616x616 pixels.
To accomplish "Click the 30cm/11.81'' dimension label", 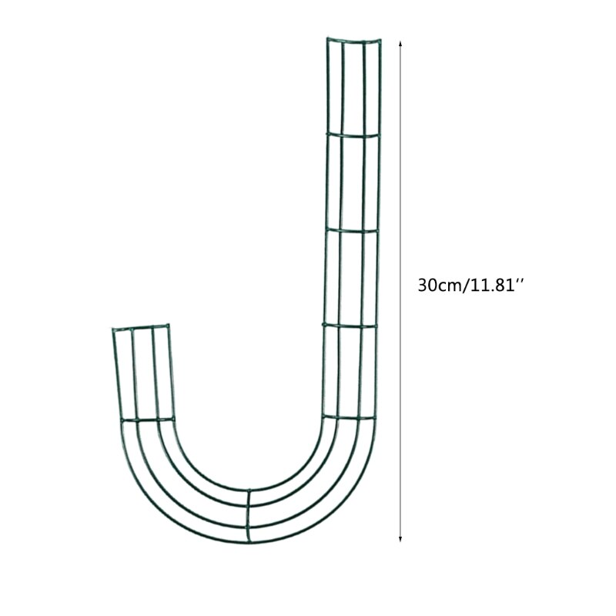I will click(x=470, y=285).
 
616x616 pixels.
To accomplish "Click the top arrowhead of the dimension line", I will click(x=400, y=45).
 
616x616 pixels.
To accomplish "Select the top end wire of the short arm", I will click(x=139, y=328).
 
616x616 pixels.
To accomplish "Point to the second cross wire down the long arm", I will click(x=351, y=229).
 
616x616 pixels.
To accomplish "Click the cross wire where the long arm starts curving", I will click(x=348, y=418).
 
